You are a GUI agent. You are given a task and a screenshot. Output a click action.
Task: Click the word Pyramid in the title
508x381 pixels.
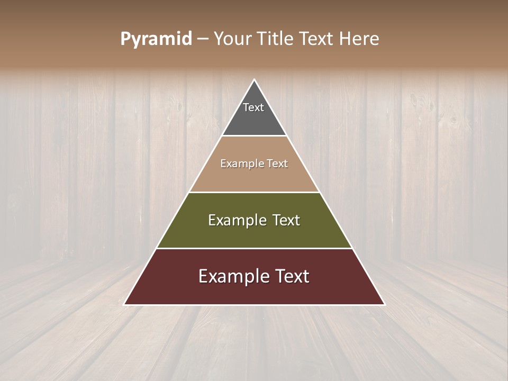[x=156, y=39]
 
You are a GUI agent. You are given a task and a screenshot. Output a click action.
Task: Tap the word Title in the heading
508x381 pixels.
[x=277, y=39]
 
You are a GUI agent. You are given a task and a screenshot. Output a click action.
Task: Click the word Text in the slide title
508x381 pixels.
[x=317, y=39]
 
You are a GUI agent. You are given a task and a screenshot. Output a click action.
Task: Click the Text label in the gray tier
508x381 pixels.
[x=253, y=107]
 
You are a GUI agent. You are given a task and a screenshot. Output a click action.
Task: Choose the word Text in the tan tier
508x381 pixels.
[x=277, y=164]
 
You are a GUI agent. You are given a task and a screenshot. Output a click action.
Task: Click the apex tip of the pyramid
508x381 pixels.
[x=254, y=80]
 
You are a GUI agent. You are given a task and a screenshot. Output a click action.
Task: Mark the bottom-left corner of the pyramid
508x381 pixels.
[x=125, y=304]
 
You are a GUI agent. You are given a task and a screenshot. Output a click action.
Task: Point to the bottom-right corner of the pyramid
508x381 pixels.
[x=384, y=304]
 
